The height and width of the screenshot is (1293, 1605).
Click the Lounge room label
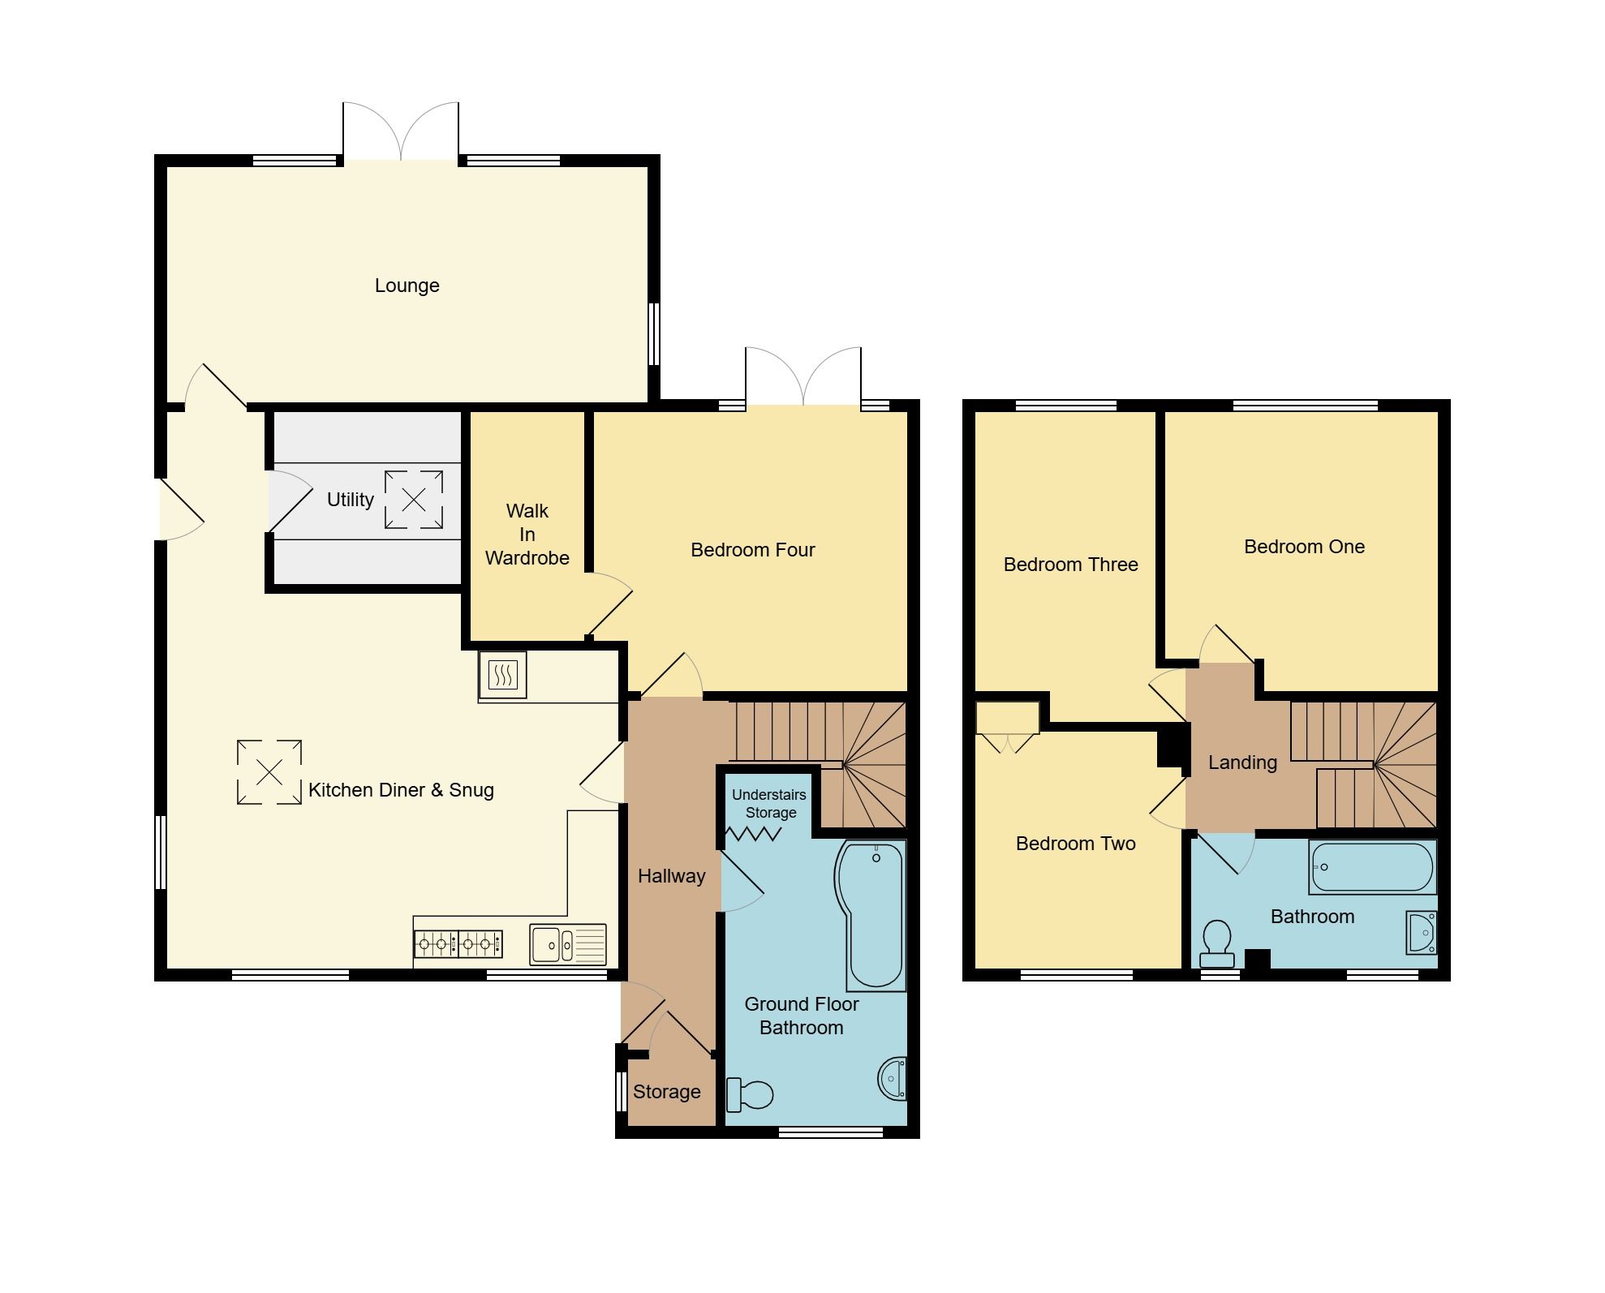point(407,286)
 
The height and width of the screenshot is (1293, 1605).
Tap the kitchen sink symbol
point(567,944)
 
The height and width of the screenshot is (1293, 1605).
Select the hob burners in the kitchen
point(458,944)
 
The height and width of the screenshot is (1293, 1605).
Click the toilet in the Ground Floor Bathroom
point(750,1094)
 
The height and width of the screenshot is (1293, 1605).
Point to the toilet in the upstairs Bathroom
point(1216,943)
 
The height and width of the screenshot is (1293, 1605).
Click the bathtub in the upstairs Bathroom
point(1371,867)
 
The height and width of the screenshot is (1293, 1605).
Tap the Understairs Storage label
point(769,804)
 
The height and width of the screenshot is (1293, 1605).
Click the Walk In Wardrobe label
point(527,535)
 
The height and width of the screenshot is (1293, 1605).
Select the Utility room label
point(350,500)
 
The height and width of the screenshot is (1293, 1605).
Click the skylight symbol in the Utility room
point(414,500)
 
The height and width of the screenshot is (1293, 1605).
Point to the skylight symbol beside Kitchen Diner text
point(269,772)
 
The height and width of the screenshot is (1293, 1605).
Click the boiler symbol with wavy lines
point(503,674)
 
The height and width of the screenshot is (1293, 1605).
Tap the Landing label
point(1242,762)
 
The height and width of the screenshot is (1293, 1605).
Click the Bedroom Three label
point(1070,565)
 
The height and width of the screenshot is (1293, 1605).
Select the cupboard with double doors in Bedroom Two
point(1007,719)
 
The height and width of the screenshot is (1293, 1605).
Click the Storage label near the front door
point(666,1092)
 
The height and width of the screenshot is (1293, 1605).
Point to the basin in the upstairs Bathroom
point(1422,932)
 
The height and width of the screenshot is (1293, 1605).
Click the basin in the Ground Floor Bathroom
point(893,1079)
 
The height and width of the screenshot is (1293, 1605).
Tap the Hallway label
point(671,876)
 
